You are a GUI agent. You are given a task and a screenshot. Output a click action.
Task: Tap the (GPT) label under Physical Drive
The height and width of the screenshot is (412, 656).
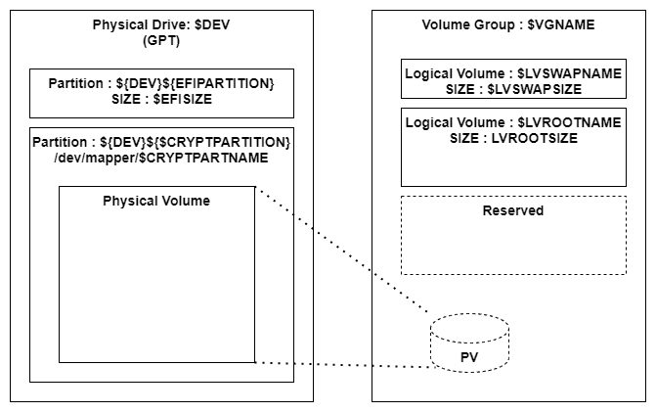(162, 40)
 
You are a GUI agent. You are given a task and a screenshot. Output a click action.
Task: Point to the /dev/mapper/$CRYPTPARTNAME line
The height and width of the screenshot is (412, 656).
(162, 159)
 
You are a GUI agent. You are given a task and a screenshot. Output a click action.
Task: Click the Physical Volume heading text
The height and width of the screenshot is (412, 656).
(156, 201)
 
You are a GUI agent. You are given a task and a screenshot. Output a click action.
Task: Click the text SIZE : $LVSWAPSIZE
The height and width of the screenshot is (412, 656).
(513, 88)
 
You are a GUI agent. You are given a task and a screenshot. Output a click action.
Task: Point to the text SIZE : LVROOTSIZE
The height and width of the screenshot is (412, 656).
(513, 138)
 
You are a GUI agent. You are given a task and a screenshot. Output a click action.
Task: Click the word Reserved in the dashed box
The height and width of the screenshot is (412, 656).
(513, 210)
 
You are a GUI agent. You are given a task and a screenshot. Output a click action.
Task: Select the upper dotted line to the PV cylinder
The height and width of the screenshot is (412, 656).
(342, 250)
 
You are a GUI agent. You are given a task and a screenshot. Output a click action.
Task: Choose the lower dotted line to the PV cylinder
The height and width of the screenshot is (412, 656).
(342, 365)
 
